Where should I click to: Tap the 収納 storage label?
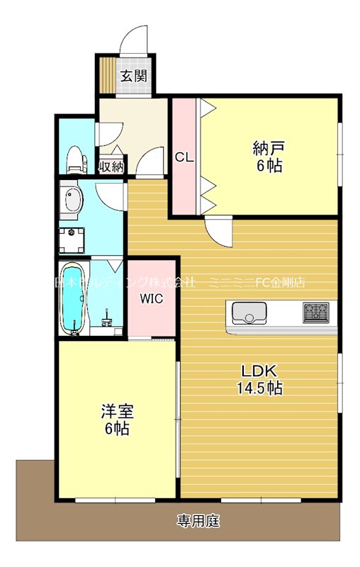pyautogui.click(x=111, y=167)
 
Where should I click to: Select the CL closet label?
pyautogui.click(x=185, y=157)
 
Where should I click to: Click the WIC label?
pyautogui.click(x=151, y=298)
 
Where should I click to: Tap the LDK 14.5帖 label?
pyautogui.click(x=260, y=379)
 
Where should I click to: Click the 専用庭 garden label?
pyautogui.click(x=198, y=522)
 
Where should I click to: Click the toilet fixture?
pyautogui.click(x=75, y=159)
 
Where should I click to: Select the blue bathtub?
pyautogui.click(x=73, y=298)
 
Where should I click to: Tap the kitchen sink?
pyautogui.click(x=248, y=313)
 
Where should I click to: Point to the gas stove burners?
pyautogui.click(x=316, y=311)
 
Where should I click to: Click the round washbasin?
pyautogui.click(x=70, y=201)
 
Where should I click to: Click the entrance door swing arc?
pyautogui.click(x=135, y=40)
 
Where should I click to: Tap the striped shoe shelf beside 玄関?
pyautogui.click(x=107, y=74)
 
